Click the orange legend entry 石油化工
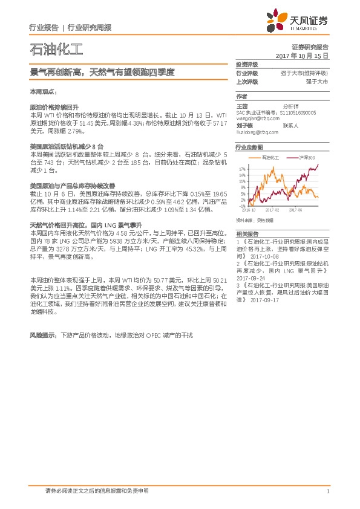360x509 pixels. click(268, 157)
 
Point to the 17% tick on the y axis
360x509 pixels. click(242, 169)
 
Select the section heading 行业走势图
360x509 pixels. click(249, 147)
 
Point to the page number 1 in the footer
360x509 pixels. click(327, 491)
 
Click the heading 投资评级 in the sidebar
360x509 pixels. click(247, 65)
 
